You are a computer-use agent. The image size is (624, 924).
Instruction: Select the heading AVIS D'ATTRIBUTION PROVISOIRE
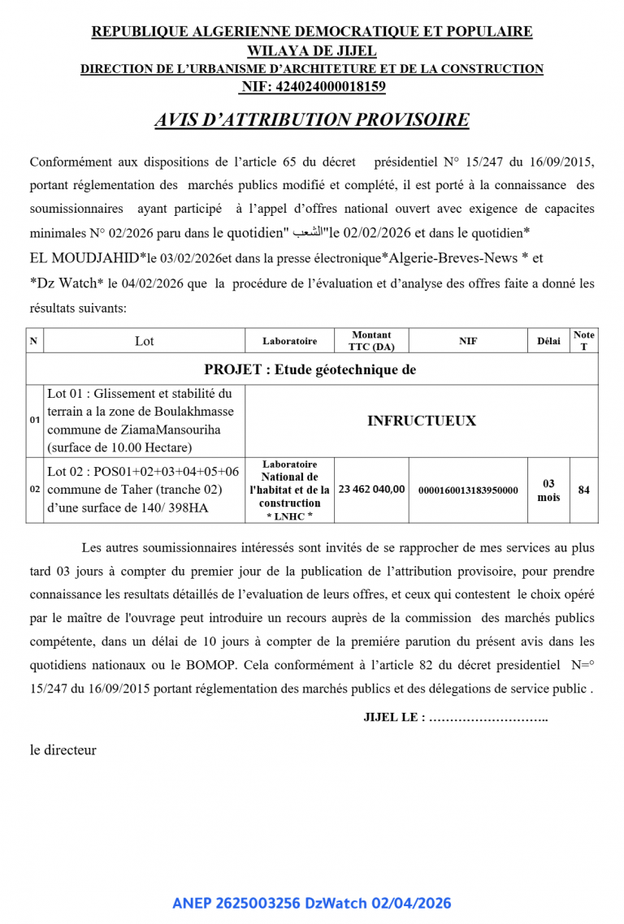click(x=312, y=120)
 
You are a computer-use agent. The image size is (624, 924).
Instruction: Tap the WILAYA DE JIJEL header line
click(x=312, y=50)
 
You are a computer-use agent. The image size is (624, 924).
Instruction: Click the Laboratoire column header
click(x=289, y=341)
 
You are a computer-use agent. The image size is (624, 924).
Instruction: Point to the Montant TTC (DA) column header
click(x=371, y=341)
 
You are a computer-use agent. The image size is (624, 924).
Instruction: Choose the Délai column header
click(x=548, y=341)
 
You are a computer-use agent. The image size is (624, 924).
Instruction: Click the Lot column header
click(x=144, y=341)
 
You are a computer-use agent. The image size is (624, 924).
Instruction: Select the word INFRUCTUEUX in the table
click(x=421, y=421)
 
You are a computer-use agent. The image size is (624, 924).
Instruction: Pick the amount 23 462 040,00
click(x=371, y=490)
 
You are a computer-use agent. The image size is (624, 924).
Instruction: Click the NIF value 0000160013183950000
click(x=468, y=490)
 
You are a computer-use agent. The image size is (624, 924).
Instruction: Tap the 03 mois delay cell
click(x=548, y=490)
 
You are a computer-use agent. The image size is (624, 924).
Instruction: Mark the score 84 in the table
click(x=583, y=490)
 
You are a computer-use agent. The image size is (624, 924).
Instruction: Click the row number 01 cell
click(x=35, y=421)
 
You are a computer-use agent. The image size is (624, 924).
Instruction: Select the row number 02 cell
click(x=35, y=490)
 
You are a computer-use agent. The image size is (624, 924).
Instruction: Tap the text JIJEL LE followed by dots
click(x=455, y=718)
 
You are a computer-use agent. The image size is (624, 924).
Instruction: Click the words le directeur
click(x=63, y=750)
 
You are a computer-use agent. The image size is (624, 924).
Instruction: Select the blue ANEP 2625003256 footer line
click(x=312, y=903)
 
